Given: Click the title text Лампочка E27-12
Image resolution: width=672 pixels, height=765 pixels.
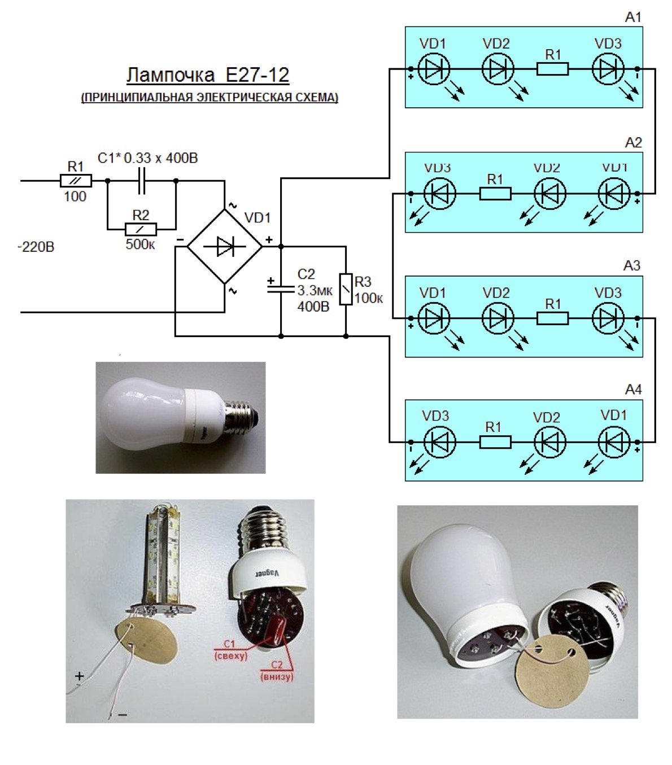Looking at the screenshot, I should click(x=207, y=75).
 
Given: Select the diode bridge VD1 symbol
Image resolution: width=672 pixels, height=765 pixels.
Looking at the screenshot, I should click(x=225, y=246).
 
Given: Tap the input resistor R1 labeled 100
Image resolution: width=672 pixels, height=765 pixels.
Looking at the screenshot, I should click(x=76, y=181).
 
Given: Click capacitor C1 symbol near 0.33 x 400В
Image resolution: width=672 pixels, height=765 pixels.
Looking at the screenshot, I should click(x=142, y=181).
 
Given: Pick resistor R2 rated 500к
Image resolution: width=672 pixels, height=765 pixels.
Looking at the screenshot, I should click(x=141, y=229).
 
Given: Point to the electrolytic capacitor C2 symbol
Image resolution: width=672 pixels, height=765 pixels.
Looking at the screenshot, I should click(x=281, y=288).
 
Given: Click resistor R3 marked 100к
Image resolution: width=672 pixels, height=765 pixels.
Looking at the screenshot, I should click(x=346, y=289).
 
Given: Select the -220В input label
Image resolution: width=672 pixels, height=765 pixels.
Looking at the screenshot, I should click(x=36, y=247).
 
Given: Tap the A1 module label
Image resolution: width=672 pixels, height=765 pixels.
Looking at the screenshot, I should click(x=633, y=18).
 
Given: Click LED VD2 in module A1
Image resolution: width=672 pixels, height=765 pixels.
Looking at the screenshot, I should click(x=498, y=69).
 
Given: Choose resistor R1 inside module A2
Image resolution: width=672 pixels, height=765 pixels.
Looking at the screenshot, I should click(x=495, y=194).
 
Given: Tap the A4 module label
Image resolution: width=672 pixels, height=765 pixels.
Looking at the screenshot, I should click(x=633, y=390).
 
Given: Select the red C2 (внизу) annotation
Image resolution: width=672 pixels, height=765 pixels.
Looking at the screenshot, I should click(x=276, y=671).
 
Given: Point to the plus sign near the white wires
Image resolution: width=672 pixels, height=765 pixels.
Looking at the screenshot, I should click(x=80, y=676).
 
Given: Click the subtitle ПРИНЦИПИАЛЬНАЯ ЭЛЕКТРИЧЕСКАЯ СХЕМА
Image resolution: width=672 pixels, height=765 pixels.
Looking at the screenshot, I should click(x=210, y=97).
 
